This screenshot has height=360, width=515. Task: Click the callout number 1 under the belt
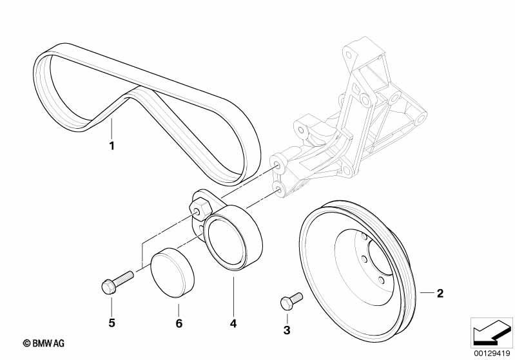[x=112, y=146]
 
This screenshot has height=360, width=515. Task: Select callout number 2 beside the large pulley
[x=440, y=293]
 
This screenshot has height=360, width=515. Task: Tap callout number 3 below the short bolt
[x=287, y=330]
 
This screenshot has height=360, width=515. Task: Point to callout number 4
[x=233, y=323]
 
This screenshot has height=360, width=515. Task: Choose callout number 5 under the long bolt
[x=112, y=323]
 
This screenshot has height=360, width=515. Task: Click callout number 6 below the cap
[x=179, y=323]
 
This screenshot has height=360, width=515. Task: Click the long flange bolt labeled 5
[x=117, y=282]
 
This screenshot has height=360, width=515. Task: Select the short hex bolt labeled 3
[x=291, y=301]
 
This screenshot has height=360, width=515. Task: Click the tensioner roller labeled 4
[x=233, y=238]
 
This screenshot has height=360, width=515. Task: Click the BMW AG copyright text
[x=44, y=343]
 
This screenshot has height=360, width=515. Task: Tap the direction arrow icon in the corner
[x=491, y=333]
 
